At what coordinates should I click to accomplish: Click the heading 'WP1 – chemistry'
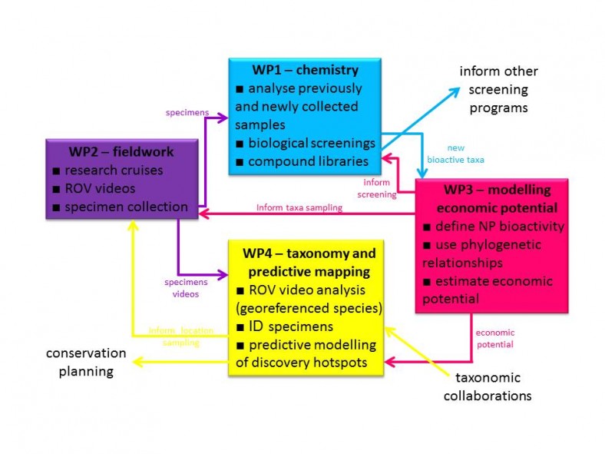coord(305,70)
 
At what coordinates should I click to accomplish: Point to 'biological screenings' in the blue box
coord(306,143)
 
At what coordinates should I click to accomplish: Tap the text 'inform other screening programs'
coord(498,89)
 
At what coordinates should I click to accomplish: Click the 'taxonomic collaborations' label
coord(488,386)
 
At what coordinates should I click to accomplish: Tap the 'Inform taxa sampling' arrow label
coord(299,207)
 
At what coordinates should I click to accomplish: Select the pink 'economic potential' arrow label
coord(495,338)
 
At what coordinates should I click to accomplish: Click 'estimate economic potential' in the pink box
coord(484,290)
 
